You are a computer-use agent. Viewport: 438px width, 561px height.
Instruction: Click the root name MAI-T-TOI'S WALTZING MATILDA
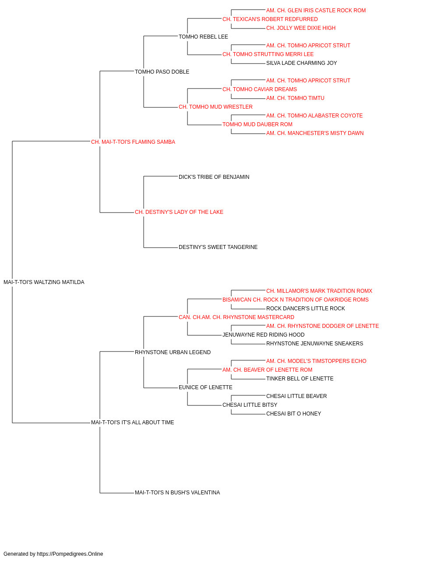tap(44, 282)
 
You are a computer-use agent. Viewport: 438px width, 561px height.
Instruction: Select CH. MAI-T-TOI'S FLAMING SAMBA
tap(133, 142)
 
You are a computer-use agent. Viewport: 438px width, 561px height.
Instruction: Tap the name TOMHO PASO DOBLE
tap(162, 72)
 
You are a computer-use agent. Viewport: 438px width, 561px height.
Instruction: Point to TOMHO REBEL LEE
tap(203, 37)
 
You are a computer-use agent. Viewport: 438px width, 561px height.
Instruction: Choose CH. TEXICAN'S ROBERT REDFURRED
tap(270, 19)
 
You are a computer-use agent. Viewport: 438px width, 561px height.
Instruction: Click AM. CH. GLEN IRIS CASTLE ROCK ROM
tap(316, 11)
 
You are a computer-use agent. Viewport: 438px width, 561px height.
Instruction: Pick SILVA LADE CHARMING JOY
tap(301, 63)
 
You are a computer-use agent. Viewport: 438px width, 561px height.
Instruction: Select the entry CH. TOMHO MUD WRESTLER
tap(215, 107)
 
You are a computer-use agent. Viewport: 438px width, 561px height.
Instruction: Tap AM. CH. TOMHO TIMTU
tap(295, 98)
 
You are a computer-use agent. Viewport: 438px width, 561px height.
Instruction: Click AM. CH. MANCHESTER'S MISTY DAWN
tap(315, 133)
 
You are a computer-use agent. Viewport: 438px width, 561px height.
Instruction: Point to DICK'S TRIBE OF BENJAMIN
tap(214, 177)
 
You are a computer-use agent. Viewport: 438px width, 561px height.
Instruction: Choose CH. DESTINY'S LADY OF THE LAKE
tap(179, 212)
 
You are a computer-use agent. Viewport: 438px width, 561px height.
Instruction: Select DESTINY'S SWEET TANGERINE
tap(218, 247)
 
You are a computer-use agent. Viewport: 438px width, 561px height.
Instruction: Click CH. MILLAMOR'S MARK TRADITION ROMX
tap(319, 291)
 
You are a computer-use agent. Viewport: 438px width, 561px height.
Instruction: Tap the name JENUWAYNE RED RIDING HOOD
tap(263, 335)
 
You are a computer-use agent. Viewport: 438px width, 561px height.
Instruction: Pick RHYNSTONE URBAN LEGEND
tap(173, 352)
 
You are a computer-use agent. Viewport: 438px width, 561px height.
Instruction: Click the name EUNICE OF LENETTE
tap(205, 387)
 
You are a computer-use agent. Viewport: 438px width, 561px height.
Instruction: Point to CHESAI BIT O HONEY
tap(294, 414)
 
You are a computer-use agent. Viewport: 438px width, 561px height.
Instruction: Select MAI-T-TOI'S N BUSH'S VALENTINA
tap(177, 493)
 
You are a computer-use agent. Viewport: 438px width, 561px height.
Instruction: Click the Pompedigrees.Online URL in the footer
tap(70, 554)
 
